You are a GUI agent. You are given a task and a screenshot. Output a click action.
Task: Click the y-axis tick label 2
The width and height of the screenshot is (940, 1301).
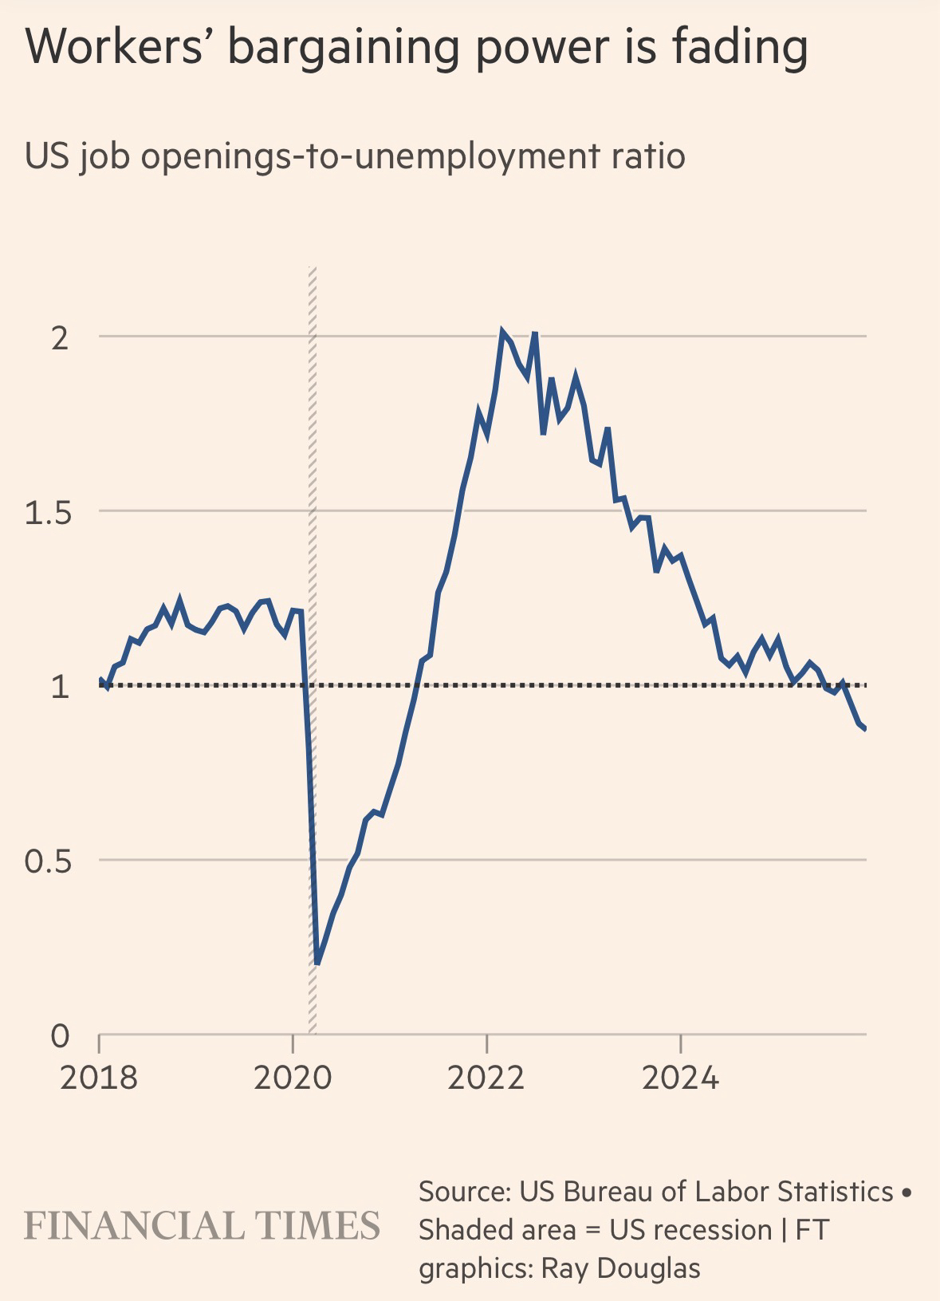tap(58, 338)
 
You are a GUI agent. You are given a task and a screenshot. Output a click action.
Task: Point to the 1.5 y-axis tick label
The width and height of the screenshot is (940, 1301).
tap(48, 513)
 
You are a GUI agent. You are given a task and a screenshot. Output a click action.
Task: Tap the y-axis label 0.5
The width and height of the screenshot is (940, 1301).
tap(48, 862)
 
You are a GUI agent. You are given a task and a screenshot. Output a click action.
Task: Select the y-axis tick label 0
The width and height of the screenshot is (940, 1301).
tap(60, 1036)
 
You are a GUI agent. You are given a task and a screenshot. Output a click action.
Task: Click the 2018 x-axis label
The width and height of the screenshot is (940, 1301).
tap(99, 1078)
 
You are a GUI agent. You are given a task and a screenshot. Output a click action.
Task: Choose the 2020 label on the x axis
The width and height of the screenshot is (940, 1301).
tap(293, 1078)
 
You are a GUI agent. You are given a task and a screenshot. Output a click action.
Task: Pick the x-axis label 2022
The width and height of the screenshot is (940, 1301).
tap(486, 1078)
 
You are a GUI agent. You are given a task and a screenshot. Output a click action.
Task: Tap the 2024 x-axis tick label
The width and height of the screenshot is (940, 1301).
tap(680, 1078)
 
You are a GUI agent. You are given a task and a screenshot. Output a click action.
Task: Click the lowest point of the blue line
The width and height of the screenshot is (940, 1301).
tap(317, 963)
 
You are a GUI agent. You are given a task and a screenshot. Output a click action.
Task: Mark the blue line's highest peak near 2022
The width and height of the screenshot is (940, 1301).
tap(502, 331)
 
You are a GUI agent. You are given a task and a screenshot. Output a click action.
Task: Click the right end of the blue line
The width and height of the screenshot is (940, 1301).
tap(865, 728)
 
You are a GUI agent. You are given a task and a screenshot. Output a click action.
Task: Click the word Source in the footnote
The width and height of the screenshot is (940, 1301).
tap(462, 1191)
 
